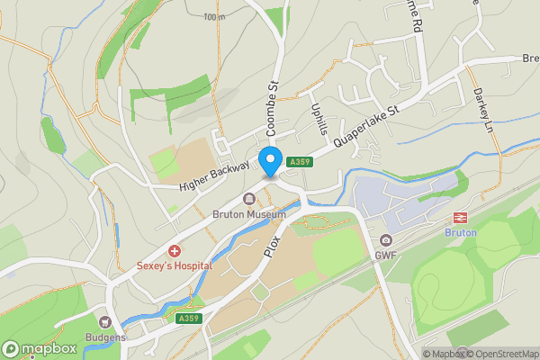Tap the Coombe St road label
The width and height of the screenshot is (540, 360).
click(x=273, y=114)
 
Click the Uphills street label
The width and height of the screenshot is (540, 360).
click(x=319, y=116)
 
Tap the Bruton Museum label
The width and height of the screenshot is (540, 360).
click(x=248, y=215)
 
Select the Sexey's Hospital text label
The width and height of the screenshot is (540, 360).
click(x=175, y=265)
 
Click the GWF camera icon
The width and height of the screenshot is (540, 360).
click(x=386, y=240)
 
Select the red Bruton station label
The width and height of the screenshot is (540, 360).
click(x=461, y=232)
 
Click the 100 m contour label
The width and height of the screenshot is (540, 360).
click(x=214, y=17)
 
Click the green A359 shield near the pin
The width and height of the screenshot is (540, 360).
click(x=300, y=162)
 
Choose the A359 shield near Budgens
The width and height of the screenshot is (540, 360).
click(x=188, y=319)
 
